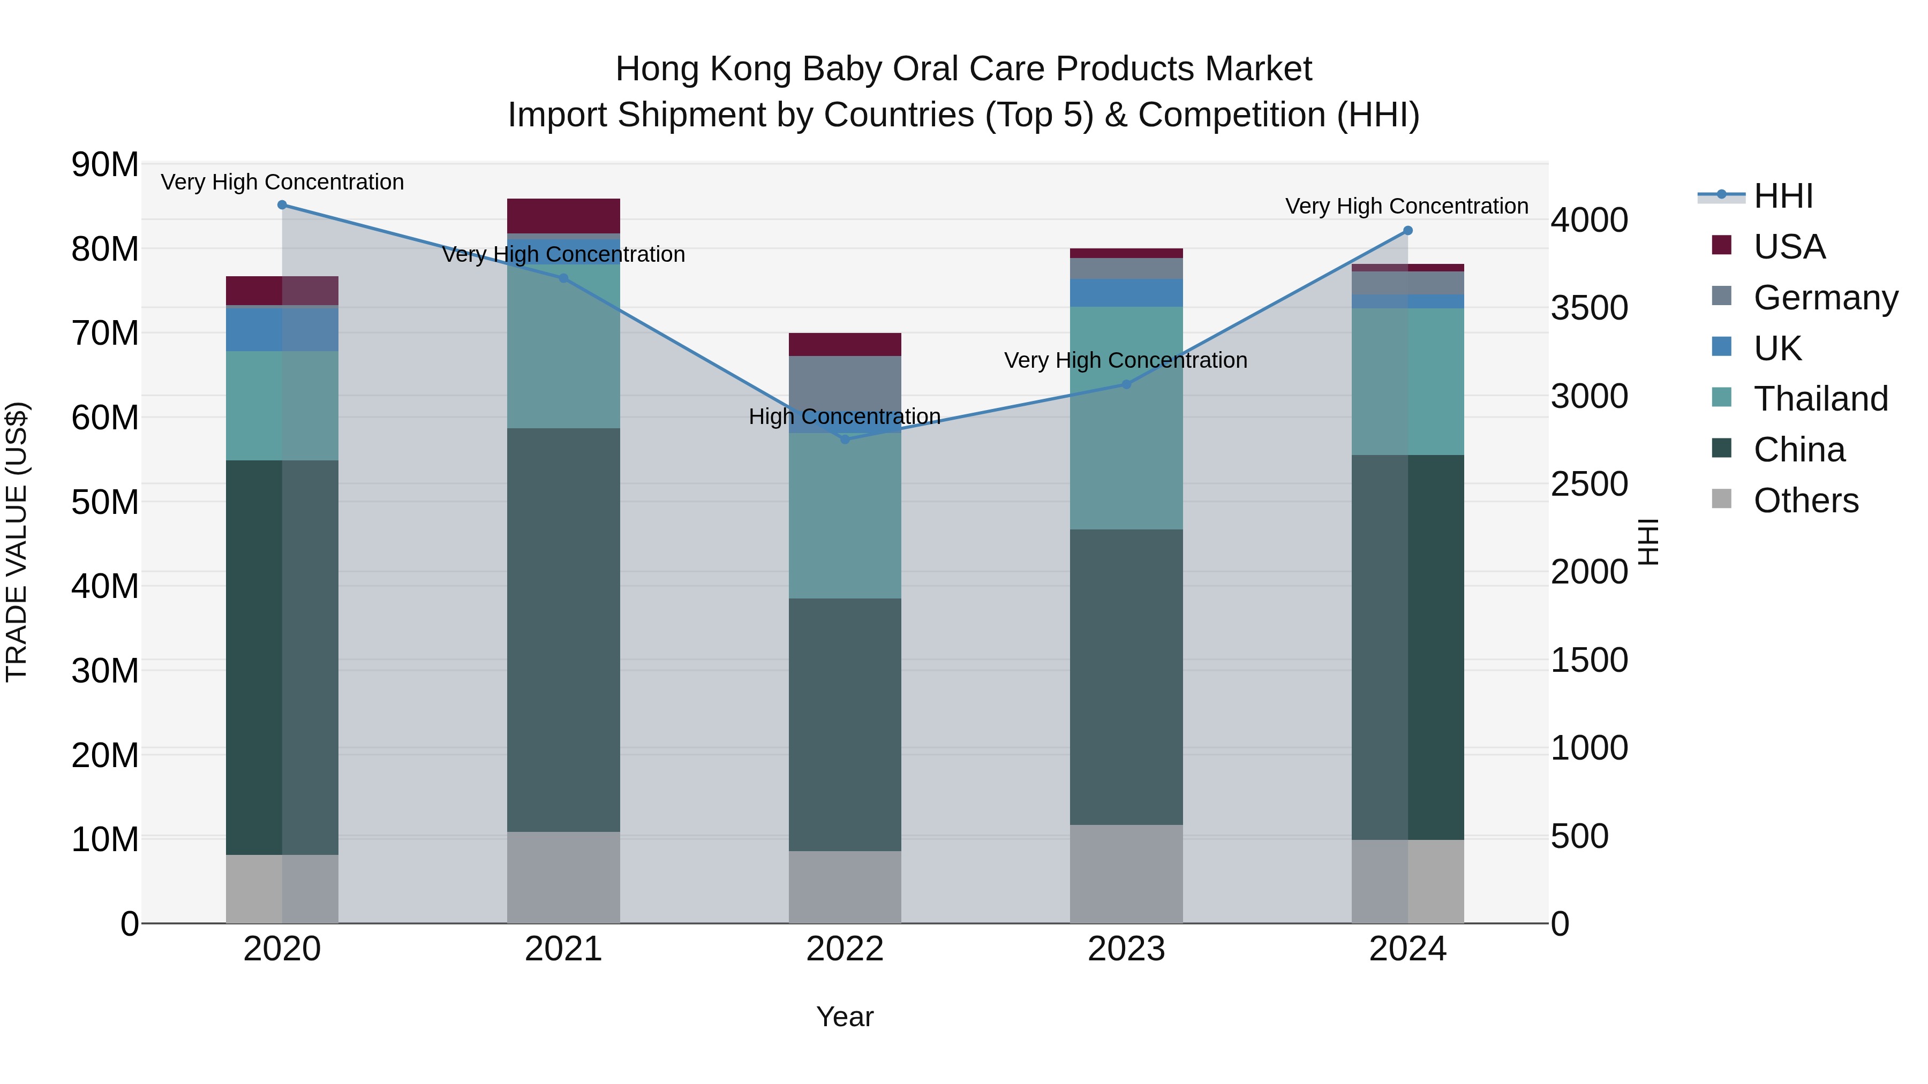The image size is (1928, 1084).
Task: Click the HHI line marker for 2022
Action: pos(845,439)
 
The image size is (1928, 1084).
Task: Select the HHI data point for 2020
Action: pos(282,205)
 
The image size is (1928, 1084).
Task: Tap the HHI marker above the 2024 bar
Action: pos(1408,230)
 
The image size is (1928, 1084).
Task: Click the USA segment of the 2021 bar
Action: pos(563,216)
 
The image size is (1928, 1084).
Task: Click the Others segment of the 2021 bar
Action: pos(563,877)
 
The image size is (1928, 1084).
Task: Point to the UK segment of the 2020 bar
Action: pos(282,329)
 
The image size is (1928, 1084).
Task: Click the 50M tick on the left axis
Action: pos(105,502)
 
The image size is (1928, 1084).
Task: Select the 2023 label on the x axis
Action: pos(1126,949)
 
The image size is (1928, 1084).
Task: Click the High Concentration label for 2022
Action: pos(845,416)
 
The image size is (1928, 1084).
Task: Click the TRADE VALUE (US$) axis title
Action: pos(17,542)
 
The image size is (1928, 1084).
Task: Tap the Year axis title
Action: pos(845,1017)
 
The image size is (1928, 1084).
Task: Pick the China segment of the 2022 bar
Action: pos(845,724)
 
